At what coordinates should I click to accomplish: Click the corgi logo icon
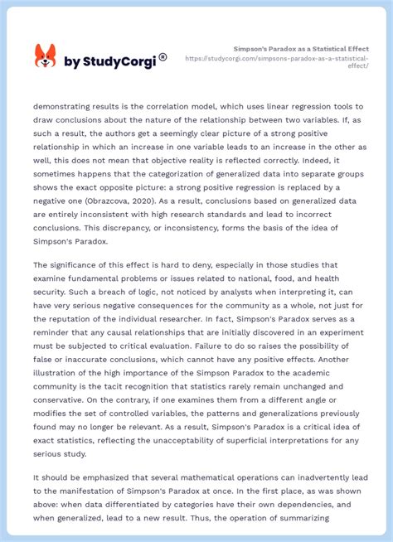(45, 56)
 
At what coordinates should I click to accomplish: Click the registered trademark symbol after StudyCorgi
(163, 57)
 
